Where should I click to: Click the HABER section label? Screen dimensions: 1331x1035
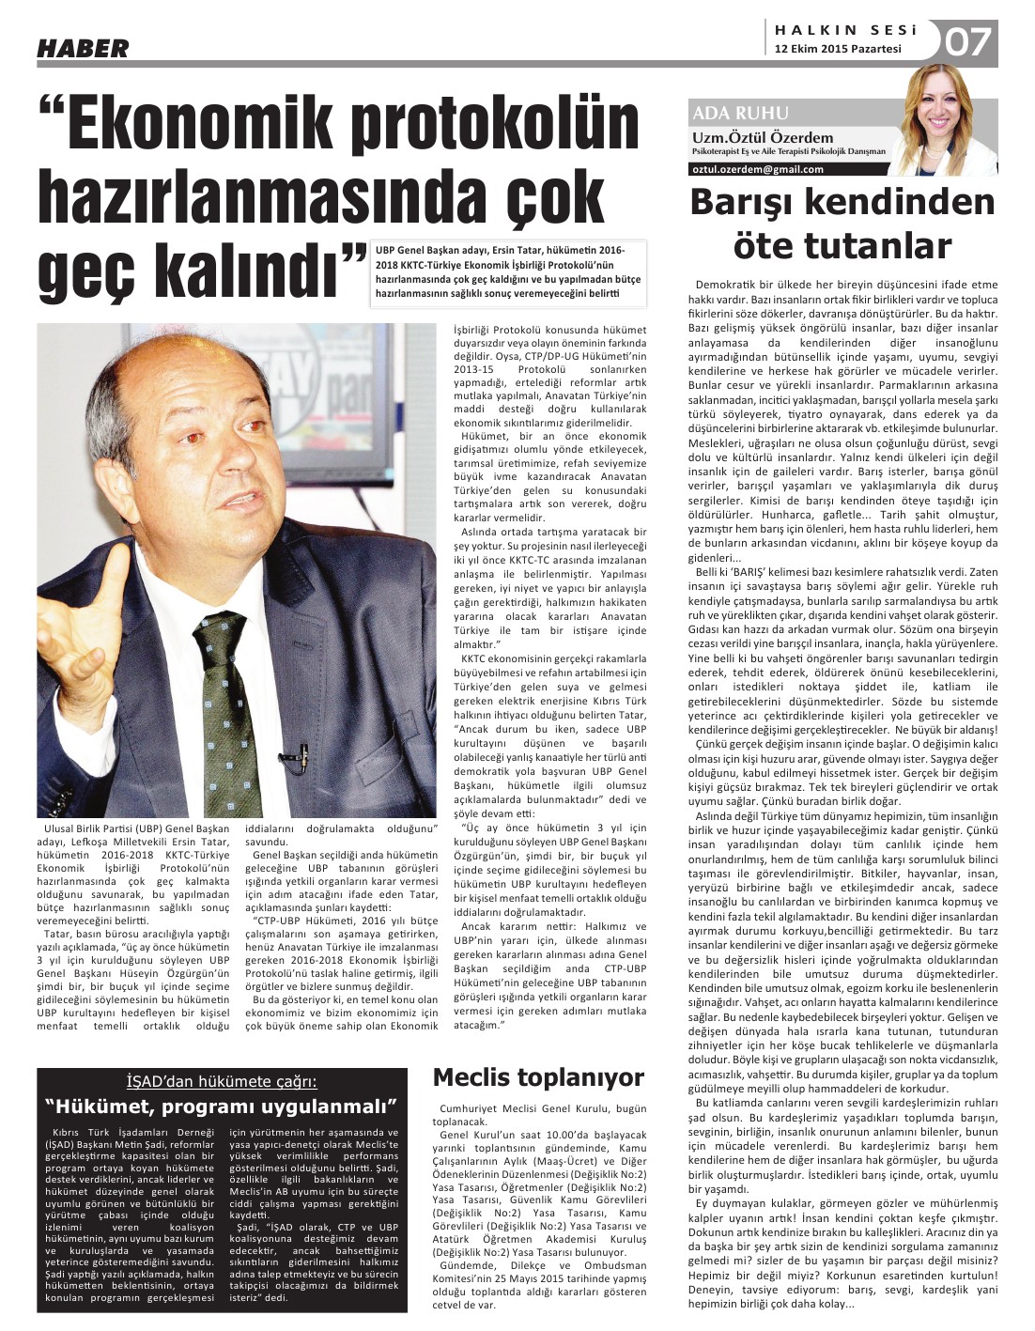point(83,49)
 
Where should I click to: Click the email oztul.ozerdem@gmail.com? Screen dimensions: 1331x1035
point(757,169)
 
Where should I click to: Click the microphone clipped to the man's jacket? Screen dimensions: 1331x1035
point(304,751)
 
